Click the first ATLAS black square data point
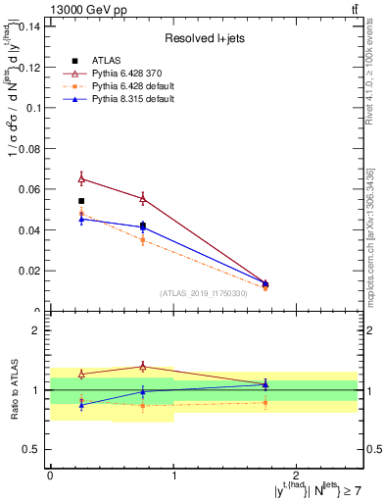pyautogui.click(x=81, y=201)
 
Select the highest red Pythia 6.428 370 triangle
pyautogui.click(x=81, y=178)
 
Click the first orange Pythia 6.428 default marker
pyautogui.click(x=81, y=213)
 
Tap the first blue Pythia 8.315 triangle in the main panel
pyautogui.click(x=81, y=219)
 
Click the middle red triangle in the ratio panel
pyautogui.click(x=143, y=367)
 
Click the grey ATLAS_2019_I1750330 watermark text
pyautogui.click(x=205, y=293)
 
